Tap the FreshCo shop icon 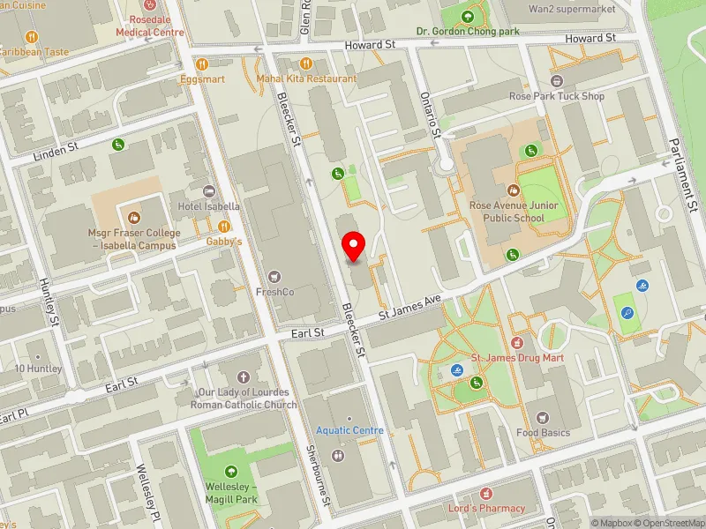click(274, 277)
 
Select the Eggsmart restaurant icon click(201, 63)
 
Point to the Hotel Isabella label click(208, 206)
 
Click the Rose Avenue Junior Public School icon click(513, 190)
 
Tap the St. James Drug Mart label click(517, 358)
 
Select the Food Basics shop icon click(544, 416)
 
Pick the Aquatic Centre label click(350, 430)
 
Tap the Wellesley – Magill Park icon click(232, 472)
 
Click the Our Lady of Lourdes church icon click(244, 377)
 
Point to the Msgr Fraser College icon click(134, 217)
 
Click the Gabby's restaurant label click(223, 241)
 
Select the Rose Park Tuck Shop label click(556, 96)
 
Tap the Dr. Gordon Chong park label click(468, 32)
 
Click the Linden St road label click(56, 154)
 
